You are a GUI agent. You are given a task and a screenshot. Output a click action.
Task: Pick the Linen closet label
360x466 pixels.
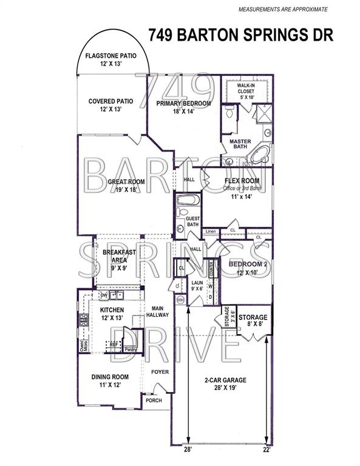click(211, 232)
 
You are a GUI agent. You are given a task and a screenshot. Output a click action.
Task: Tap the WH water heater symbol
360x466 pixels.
click(180, 300)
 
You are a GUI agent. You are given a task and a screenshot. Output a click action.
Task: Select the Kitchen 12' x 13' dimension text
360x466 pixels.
click(111, 319)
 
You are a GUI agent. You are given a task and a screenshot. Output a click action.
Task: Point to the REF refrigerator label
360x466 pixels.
click(113, 343)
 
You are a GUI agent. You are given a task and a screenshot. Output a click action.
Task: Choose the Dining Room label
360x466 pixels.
click(109, 376)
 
